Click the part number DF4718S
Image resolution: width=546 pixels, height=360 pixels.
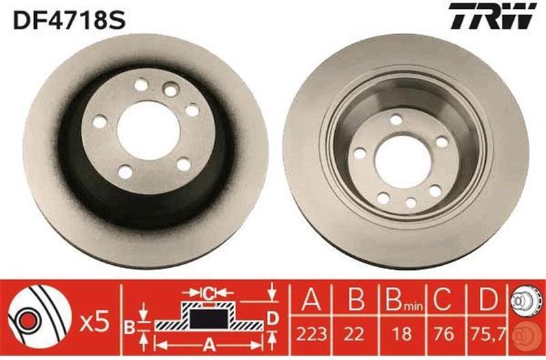tap(69, 20)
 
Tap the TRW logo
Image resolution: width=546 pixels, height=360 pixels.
tap(493, 16)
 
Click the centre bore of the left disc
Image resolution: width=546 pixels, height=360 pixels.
tap(148, 130)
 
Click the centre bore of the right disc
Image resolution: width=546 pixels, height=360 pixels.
tap(403, 162)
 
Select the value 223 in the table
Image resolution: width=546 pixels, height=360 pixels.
tap(311, 334)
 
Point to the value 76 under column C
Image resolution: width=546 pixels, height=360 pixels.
tap(444, 334)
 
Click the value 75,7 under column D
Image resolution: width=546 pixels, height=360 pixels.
tap(488, 334)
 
